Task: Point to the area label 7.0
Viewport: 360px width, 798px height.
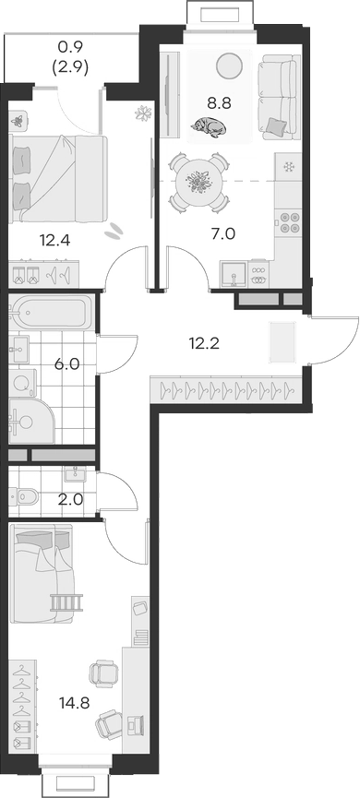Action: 223,233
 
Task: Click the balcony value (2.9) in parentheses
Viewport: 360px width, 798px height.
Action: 72,67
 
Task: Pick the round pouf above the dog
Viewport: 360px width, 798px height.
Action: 228,65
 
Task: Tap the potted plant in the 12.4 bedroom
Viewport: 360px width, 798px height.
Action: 143,114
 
